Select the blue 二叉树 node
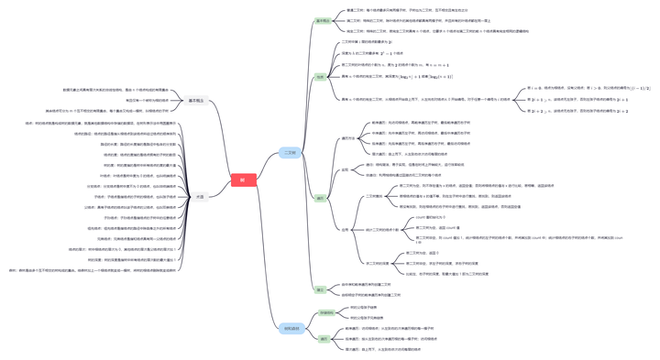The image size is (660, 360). (290, 153)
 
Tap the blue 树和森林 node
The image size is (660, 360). (291, 328)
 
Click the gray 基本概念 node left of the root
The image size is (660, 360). (197, 101)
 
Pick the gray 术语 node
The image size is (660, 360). (200, 196)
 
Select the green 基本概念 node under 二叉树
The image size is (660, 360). (323, 21)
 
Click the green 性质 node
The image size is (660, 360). (321, 78)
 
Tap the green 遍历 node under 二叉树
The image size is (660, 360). (321, 198)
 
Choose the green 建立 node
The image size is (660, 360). (321, 289)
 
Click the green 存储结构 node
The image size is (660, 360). (326, 313)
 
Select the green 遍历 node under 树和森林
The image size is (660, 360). (324, 338)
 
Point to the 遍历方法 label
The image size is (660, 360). (348, 138)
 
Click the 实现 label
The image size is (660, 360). (346, 169)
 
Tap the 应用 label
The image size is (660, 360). (346, 230)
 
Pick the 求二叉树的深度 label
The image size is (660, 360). (377, 263)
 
